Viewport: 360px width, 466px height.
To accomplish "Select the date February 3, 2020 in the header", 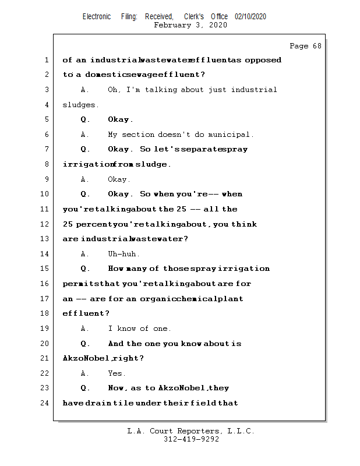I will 190,25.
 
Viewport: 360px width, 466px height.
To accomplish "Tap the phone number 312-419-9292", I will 191,439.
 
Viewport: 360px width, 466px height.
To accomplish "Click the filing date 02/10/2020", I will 250,17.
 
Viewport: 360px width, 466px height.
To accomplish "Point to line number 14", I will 45,254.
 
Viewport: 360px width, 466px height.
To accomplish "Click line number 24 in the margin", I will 45,403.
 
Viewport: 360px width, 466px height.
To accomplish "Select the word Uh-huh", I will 123,254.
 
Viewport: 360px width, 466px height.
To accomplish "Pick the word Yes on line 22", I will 117,373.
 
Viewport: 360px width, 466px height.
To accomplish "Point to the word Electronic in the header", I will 97,17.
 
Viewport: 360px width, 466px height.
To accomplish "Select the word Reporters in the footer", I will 198,431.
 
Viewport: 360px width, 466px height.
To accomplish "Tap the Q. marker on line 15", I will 86,269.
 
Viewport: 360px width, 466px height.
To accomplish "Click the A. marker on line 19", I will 85,329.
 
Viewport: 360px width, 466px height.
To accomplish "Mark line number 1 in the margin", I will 47,60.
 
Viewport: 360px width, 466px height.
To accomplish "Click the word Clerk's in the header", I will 194,17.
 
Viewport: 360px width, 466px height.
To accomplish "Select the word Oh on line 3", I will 114,90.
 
